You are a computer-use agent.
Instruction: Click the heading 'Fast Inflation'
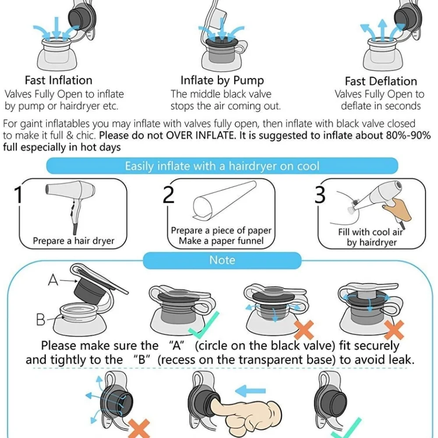58,81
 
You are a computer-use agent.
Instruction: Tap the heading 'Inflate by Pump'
222,81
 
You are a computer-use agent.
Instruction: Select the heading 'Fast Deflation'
381,81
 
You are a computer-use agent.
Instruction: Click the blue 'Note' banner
222,260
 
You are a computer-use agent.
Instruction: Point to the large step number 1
18,195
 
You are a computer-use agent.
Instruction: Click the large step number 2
168,195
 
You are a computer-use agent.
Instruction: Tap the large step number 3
320,195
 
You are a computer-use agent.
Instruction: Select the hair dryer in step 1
71,201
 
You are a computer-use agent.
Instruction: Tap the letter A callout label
53,279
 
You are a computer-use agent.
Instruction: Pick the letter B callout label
40,319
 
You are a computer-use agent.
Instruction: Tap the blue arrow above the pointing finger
250,391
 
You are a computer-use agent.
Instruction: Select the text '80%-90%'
408,135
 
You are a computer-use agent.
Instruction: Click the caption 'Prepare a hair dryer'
74,241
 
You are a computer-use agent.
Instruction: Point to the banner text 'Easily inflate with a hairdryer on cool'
222,166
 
